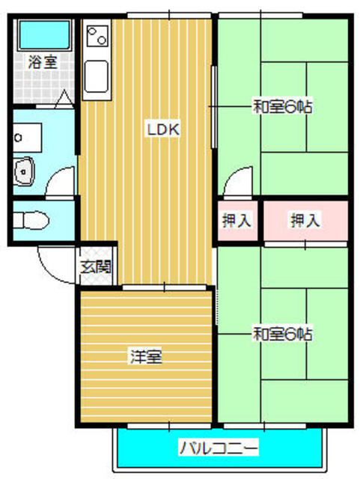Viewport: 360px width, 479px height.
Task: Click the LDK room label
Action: [162, 130]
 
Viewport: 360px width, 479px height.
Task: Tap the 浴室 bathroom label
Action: [41, 63]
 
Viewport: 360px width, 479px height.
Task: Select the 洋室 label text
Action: [145, 356]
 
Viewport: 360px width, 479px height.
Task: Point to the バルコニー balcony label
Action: [219, 449]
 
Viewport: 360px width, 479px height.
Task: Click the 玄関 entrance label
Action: [95, 266]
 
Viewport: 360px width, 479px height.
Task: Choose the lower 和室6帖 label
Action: [282, 332]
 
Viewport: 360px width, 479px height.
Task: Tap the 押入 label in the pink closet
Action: [305, 221]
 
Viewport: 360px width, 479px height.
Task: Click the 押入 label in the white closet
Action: [237, 221]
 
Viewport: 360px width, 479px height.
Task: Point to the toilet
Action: [32, 221]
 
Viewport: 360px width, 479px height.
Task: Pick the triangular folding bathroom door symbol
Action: [63, 98]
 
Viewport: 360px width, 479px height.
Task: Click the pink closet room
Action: [305, 221]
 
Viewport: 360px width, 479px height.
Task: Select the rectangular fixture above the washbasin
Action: [30, 137]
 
